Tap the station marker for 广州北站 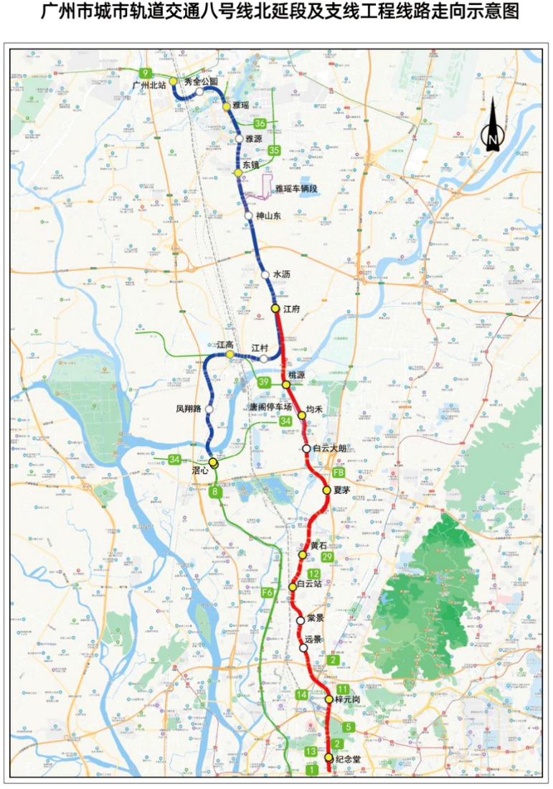click(x=173, y=81)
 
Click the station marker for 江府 click(x=275, y=309)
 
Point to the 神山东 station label click(x=270, y=215)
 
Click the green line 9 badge click(x=146, y=73)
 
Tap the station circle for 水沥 click(x=265, y=275)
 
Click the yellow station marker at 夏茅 click(x=326, y=490)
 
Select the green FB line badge click(x=339, y=474)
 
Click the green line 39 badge click(x=265, y=382)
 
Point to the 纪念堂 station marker click(x=329, y=758)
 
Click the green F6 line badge click(x=267, y=592)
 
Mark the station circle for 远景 click(x=304, y=648)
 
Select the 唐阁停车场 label click(x=270, y=407)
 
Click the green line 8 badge click(x=214, y=492)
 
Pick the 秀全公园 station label click(x=200, y=82)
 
